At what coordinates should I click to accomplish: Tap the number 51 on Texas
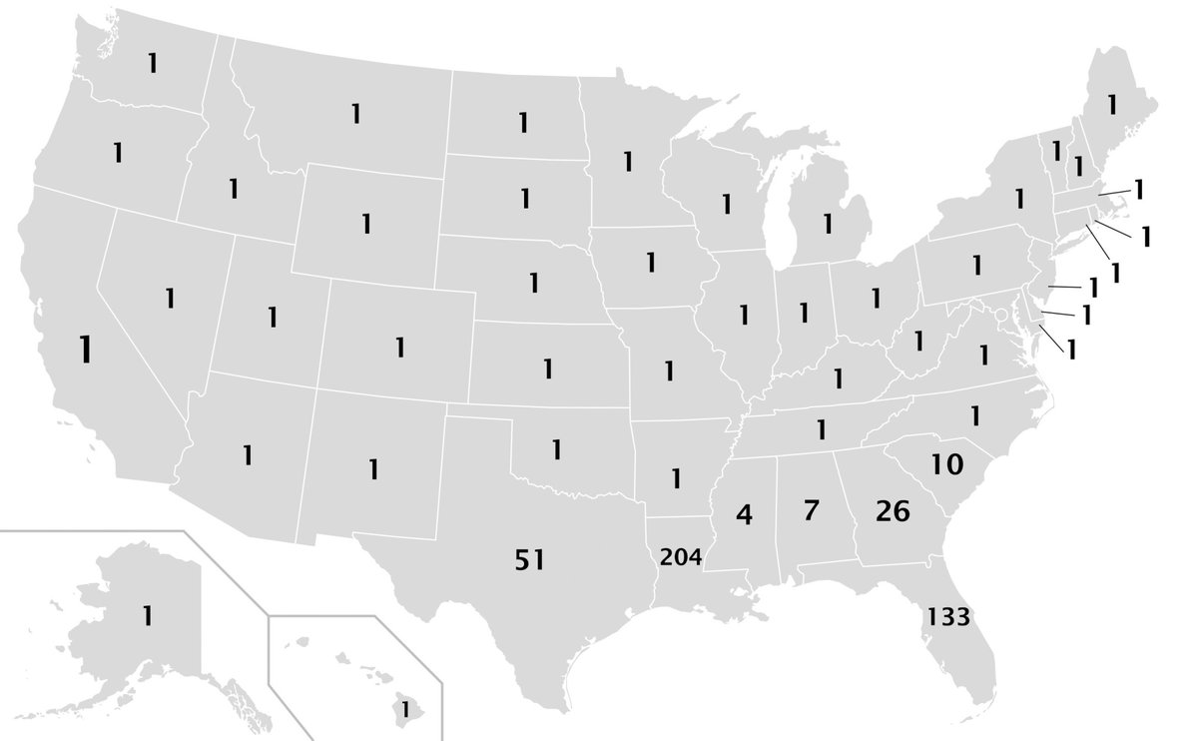(x=529, y=560)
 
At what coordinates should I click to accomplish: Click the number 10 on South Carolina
(x=946, y=463)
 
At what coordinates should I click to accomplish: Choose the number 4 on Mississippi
(x=743, y=515)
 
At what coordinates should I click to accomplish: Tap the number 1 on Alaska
(x=147, y=616)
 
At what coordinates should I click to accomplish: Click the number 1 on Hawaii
(x=405, y=709)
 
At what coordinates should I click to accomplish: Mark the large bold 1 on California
(x=87, y=349)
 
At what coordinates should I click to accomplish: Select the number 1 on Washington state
(x=152, y=63)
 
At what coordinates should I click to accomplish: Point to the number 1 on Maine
(x=1111, y=103)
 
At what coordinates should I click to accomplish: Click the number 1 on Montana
(x=354, y=114)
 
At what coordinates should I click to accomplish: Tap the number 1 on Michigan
(x=827, y=222)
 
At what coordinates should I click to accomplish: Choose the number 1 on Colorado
(x=399, y=348)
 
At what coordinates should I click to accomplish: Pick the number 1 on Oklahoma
(x=557, y=449)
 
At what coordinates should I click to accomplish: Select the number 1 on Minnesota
(x=628, y=160)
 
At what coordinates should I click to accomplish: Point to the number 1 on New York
(x=1019, y=198)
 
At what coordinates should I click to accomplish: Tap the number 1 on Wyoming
(x=366, y=223)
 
